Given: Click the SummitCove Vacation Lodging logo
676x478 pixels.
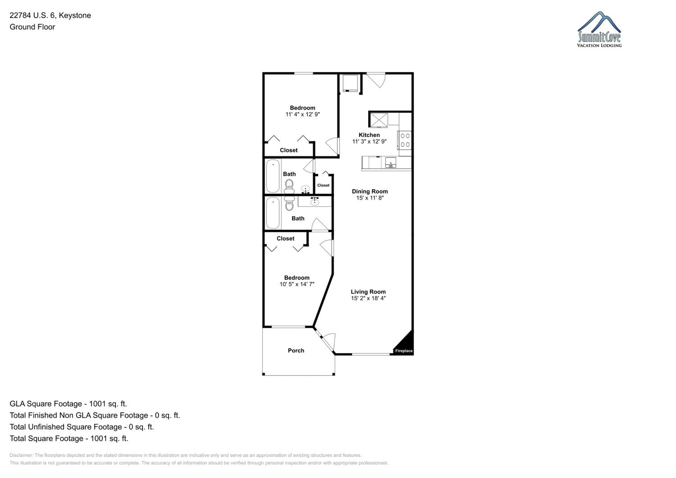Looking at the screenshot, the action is pos(599,30).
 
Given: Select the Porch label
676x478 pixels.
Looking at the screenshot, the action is pos(296,350).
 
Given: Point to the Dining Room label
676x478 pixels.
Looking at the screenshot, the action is pos(370,191).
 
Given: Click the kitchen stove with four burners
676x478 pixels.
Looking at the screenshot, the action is pos(404,140).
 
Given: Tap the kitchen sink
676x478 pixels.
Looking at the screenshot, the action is pos(391,162).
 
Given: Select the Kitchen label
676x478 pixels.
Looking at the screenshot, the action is pos(369,135).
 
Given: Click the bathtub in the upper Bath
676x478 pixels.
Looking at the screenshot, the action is pos(273,176).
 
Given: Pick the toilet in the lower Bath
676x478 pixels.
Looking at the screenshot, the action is pos(289,203).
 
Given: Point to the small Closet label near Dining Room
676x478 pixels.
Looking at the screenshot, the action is pos(323,185).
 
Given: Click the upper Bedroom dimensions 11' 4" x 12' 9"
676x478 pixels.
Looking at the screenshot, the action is pos(302,114).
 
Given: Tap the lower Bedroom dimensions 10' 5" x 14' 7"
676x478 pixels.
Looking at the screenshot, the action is pos(297,284).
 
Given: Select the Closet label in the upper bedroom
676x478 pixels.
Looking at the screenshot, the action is pos(288,150).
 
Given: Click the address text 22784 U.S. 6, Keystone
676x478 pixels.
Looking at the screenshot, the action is pos(50,15).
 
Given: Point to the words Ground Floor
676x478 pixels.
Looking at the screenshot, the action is pos(32,27).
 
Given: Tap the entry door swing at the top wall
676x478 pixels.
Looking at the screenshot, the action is pos(376,80).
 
